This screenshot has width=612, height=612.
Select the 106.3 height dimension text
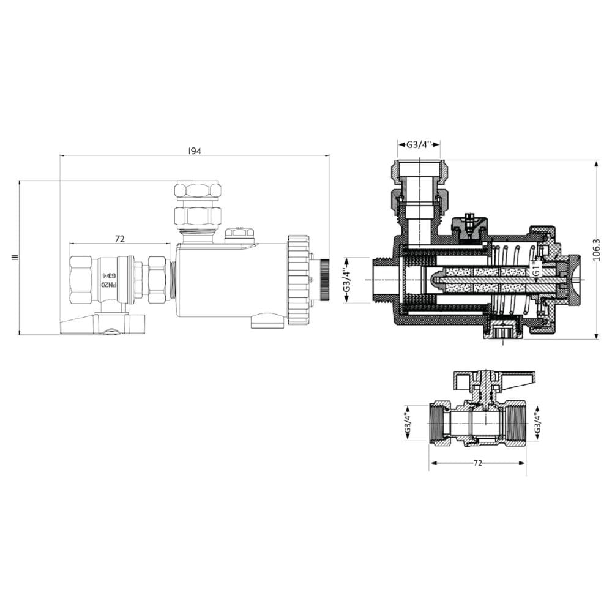tap(597, 250)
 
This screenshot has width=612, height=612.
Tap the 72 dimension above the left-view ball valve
tap(120, 238)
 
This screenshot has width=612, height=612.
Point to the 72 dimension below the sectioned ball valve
tap(478, 463)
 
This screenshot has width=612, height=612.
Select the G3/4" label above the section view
tap(419, 145)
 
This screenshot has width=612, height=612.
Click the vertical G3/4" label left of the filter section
tap(346, 280)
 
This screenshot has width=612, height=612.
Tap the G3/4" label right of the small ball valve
tap(537, 422)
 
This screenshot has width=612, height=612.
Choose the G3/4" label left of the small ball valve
tap(408, 422)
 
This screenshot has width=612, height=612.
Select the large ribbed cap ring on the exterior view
tap(299, 279)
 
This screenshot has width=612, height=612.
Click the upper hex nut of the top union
tap(197, 189)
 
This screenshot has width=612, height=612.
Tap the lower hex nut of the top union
tap(197, 216)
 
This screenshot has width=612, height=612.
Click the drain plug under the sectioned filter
tap(502, 332)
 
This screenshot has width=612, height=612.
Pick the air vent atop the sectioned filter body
tap(469, 226)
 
